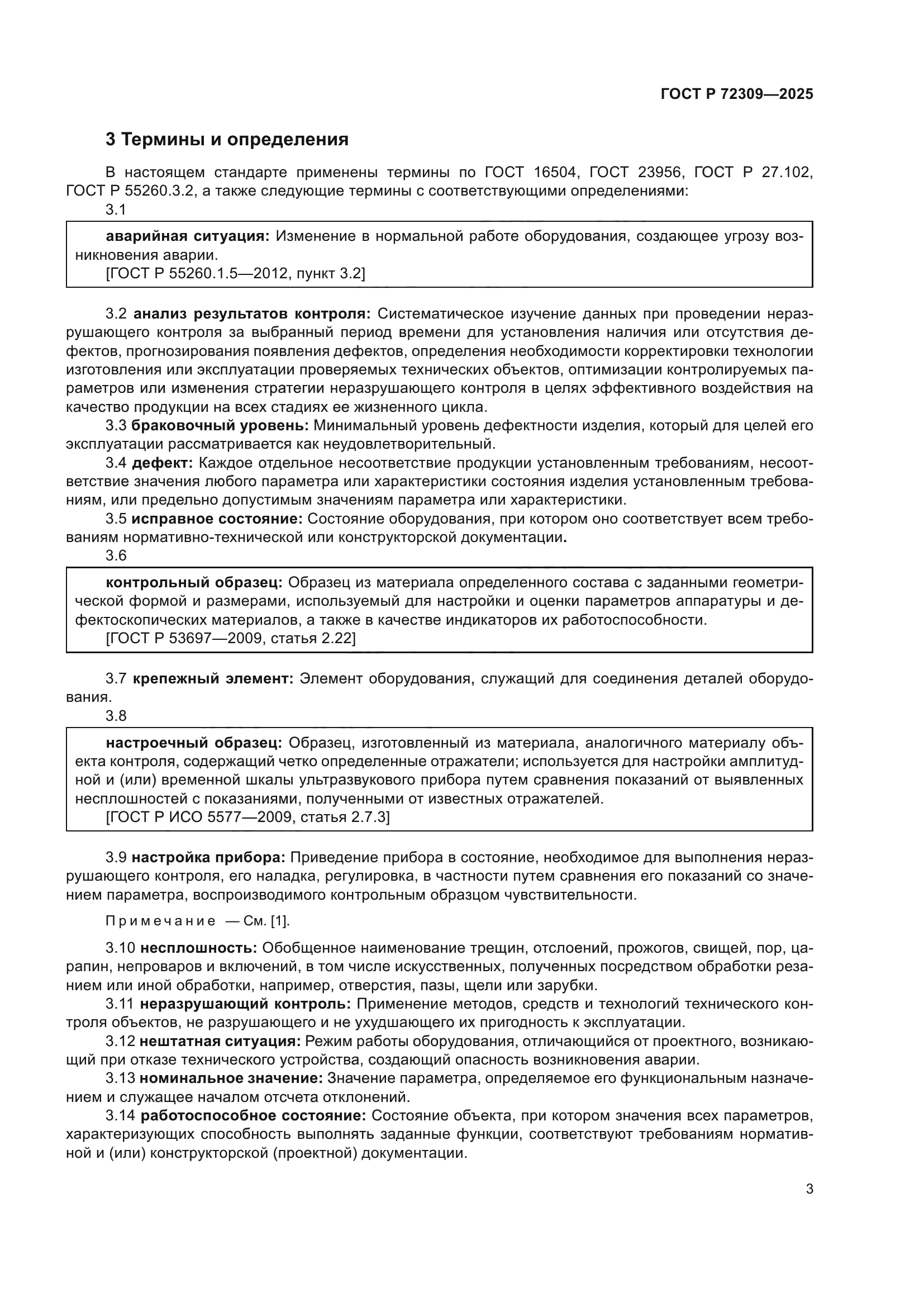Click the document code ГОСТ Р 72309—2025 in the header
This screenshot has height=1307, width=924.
(x=737, y=94)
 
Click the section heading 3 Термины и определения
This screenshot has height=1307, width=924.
(x=227, y=140)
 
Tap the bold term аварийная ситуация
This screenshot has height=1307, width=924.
(x=188, y=236)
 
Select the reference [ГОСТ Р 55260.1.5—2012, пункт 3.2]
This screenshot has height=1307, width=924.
(x=236, y=273)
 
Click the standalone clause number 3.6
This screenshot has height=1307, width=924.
(x=116, y=555)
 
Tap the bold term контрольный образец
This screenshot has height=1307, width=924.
(x=194, y=582)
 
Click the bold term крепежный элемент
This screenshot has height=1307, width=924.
(x=213, y=678)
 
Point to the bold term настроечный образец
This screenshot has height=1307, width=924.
(x=194, y=743)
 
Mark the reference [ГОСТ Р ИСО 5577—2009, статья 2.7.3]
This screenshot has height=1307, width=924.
(x=248, y=818)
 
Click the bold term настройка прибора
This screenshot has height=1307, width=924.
(x=208, y=857)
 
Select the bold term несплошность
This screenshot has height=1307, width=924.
(x=199, y=948)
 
